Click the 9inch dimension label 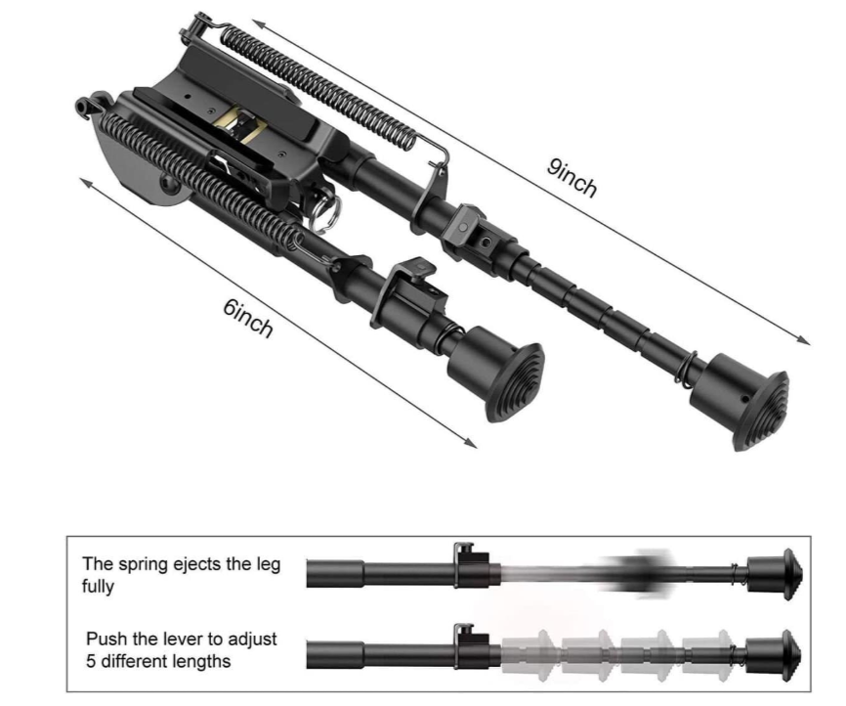pyautogui.click(x=572, y=178)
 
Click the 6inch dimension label pyautogui.click(x=248, y=318)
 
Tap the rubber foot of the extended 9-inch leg pyautogui.click(x=741, y=401)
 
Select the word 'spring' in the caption pyautogui.click(x=143, y=565)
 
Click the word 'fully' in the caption pyautogui.click(x=98, y=587)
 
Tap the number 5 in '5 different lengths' pyautogui.click(x=91, y=661)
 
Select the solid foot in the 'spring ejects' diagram pyautogui.click(x=775, y=574)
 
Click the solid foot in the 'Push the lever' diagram pyautogui.click(x=774, y=656)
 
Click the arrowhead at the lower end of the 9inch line pyautogui.click(x=804, y=340)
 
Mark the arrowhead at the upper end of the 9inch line pyautogui.click(x=258, y=24)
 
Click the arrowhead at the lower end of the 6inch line pyautogui.click(x=471, y=444)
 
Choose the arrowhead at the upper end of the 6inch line pyautogui.click(x=86, y=182)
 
